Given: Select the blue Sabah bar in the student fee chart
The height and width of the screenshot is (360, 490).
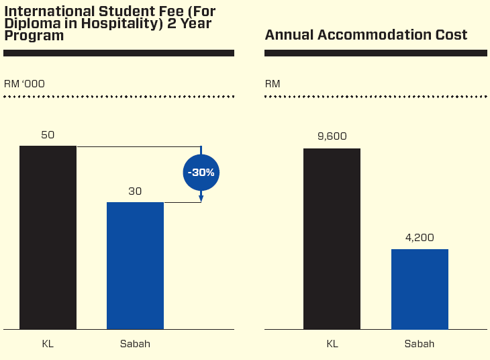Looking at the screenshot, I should pos(135,265).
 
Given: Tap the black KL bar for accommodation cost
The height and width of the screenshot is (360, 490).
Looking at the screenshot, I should pos(332,238).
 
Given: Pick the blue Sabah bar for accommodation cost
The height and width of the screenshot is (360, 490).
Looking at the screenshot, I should pos(420,289).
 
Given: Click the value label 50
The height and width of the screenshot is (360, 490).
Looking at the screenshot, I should pos(48,134).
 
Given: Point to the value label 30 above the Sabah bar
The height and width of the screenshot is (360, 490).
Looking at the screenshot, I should pos(135,191).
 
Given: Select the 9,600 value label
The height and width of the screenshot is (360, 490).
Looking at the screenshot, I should pos(332,136).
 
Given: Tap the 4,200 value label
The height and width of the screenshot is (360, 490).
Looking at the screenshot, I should pos(420,237).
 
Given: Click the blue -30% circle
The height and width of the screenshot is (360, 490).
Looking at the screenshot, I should pos(201,173).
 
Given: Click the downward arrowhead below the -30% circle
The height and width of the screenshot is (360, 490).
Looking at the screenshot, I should pos(201,198).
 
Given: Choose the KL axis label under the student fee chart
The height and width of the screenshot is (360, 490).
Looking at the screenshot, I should pos(48,344).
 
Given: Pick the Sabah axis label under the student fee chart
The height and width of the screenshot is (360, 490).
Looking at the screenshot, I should pos(135,344).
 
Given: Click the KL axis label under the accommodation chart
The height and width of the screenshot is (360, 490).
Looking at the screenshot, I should pos(332,344).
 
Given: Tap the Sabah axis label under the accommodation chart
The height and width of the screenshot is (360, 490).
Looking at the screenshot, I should pos(420,344).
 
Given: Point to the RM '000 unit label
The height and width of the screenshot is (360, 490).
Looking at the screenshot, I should pos(24,84).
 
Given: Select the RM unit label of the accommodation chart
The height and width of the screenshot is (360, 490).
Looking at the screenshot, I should pos(273,84).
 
